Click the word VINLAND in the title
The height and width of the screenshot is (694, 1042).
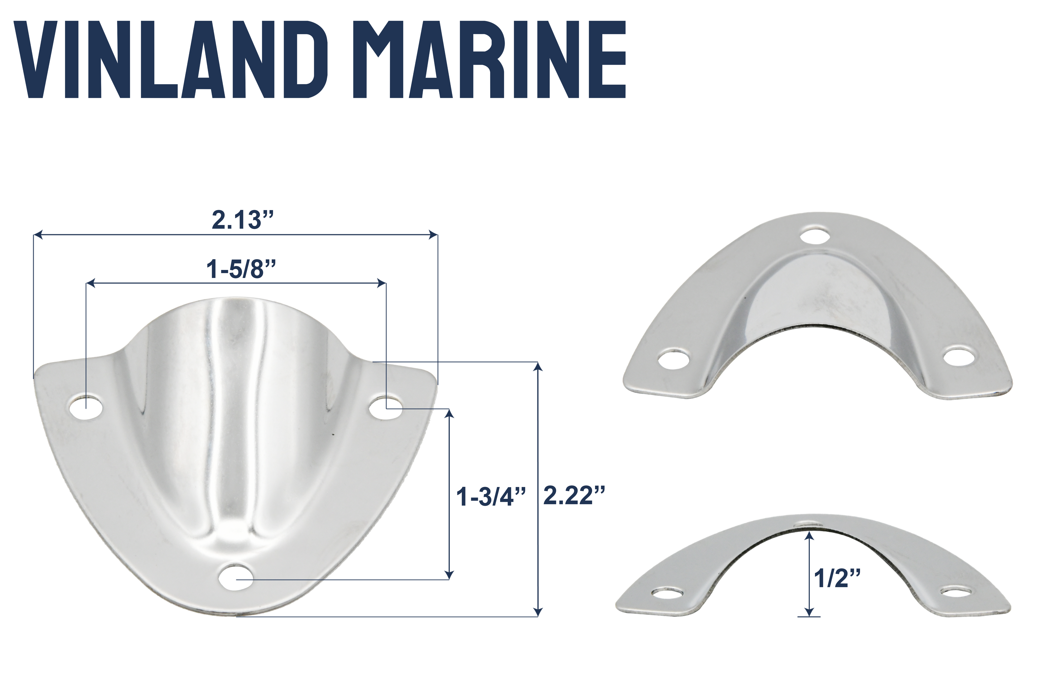[x=171, y=59]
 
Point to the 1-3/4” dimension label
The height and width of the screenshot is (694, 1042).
[x=491, y=497]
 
